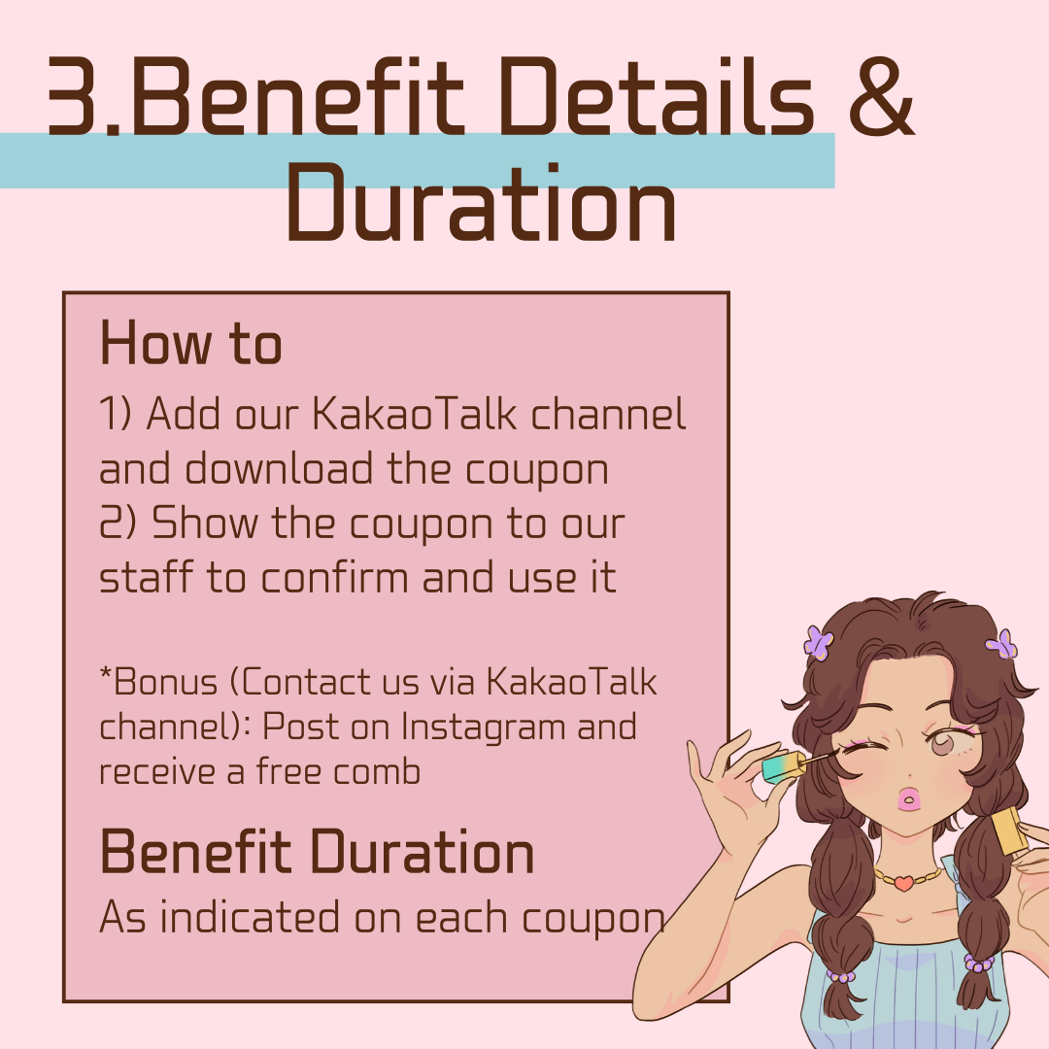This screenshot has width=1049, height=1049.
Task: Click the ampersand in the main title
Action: pyautogui.click(x=881, y=95)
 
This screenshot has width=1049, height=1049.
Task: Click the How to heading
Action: pyautogui.click(x=190, y=343)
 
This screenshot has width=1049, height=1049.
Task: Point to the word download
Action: pyautogui.click(x=278, y=468)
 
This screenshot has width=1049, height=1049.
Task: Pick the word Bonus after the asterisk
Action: pyautogui.click(x=164, y=683)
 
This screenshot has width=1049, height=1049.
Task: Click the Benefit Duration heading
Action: pyautogui.click(x=317, y=852)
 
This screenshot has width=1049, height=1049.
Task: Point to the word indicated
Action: pyautogui.click(x=250, y=916)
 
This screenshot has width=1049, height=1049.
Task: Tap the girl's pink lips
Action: pyautogui.click(x=908, y=798)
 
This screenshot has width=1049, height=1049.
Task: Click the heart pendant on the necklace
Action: pyautogui.click(x=902, y=883)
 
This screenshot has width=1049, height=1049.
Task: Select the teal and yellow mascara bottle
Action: pyautogui.click(x=784, y=766)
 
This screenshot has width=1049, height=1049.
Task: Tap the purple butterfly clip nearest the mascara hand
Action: pyautogui.click(x=818, y=642)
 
